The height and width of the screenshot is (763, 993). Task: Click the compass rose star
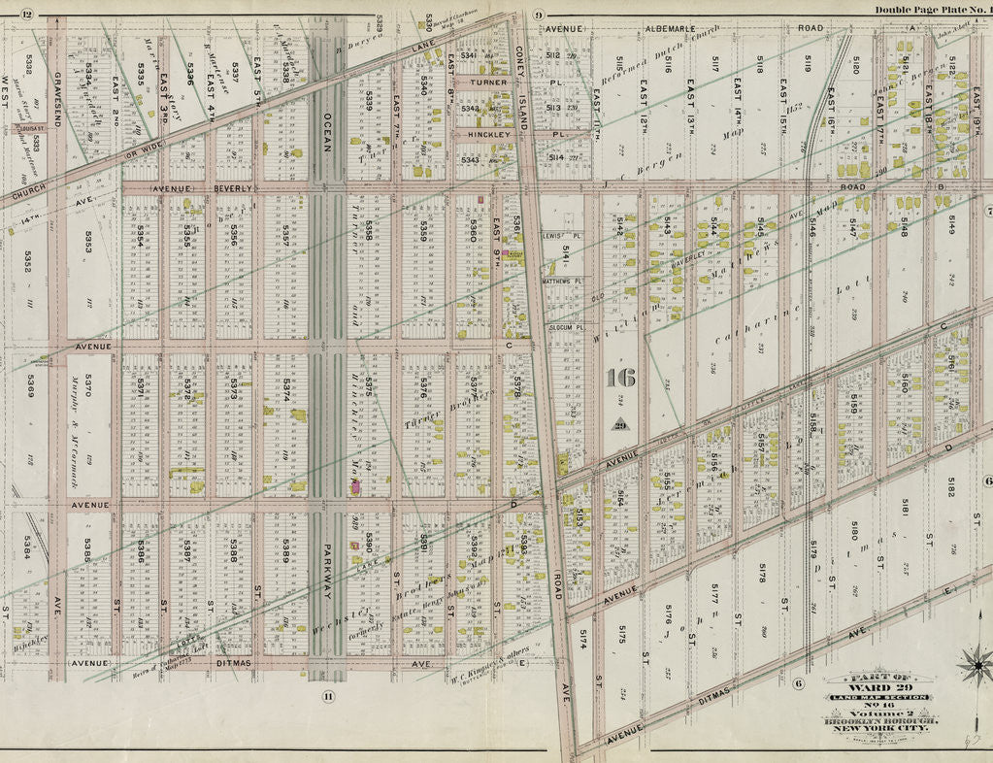point(976,665)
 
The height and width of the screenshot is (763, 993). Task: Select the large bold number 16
point(618,379)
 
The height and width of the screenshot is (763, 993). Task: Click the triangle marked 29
point(618,423)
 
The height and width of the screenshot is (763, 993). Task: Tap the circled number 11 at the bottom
point(328,695)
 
